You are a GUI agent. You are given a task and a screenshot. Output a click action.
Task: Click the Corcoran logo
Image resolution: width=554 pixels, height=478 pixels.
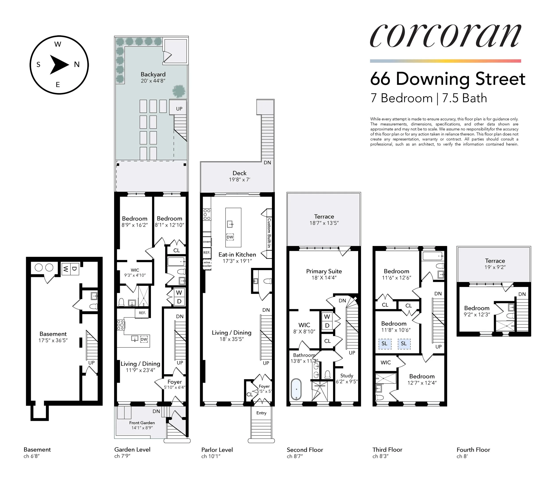tap(445, 36)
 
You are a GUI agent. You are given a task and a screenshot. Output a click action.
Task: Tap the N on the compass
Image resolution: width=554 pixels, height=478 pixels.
tap(77, 64)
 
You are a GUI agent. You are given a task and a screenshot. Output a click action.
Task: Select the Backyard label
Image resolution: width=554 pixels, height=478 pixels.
tap(153, 74)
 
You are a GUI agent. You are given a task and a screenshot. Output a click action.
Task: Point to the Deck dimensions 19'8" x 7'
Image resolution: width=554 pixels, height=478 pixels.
tap(239, 180)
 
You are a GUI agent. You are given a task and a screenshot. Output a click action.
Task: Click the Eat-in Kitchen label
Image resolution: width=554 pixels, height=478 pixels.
tap(237, 255)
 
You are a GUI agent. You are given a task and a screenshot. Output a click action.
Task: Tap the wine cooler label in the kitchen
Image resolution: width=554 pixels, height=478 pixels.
tap(207, 264)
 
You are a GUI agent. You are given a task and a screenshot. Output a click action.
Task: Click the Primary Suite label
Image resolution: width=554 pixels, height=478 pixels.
tap(324, 271)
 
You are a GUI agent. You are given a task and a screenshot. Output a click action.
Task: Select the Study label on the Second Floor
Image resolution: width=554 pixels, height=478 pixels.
tap(347, 375)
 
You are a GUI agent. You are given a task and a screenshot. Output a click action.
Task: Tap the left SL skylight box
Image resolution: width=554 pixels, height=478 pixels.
tap(384, 344)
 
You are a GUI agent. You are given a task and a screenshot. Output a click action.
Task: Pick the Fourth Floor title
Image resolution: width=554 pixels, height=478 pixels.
tap(473, 450)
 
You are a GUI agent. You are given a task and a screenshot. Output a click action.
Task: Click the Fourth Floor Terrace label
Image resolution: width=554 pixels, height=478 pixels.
tap(495, 261)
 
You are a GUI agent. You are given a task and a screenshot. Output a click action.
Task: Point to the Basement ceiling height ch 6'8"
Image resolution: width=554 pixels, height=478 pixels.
tap(31, 456)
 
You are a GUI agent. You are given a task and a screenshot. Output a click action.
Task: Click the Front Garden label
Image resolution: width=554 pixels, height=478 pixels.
tap(142, 423)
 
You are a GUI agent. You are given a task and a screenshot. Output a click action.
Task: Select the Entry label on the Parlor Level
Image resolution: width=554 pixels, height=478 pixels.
tap(261, 413)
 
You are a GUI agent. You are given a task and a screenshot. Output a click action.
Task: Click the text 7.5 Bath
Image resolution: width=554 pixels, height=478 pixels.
tap(464, 98)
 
